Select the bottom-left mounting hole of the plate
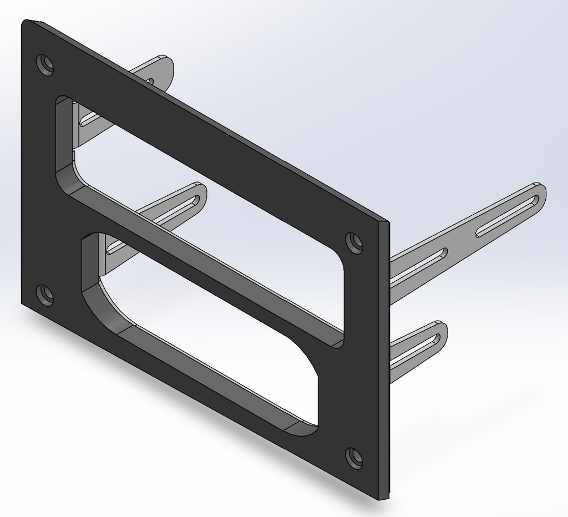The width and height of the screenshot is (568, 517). point(45,294)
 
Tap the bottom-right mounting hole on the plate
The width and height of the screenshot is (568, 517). point(354,458)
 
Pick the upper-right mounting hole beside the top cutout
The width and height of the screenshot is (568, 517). point(354,242)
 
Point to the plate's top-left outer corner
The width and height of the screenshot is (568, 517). point(25,22)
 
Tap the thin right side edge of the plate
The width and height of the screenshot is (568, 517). point(386,361)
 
